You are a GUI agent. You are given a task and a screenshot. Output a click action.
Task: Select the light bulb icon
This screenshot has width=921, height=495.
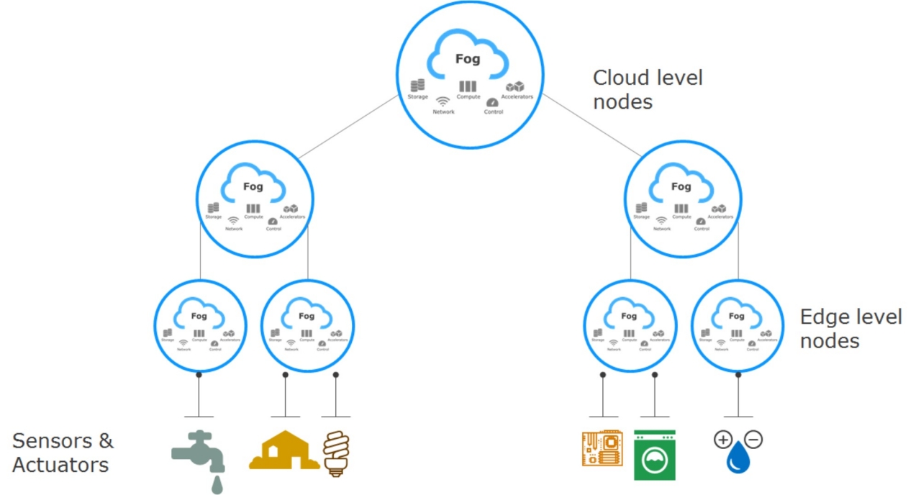point(335,453)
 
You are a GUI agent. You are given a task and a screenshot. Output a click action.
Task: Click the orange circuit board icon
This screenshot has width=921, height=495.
point(602,449)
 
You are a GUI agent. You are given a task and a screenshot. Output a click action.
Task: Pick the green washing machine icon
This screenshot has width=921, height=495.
point(654,455)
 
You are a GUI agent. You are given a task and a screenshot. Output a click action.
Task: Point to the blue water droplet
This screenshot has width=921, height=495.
point(738,458)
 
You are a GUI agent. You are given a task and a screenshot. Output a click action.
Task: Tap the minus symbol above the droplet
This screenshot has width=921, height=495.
point(754,439)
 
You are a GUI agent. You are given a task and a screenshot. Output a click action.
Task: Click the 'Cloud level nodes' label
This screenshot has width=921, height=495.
point(647,89)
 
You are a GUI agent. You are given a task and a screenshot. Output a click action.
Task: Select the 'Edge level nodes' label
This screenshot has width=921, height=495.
point(850,328)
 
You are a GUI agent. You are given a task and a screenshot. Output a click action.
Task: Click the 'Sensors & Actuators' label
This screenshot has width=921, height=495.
point(63,452)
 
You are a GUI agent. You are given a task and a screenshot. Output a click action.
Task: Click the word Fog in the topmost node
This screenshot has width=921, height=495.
point(467,59)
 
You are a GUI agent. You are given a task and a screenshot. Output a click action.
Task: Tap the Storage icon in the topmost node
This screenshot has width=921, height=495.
point(417,86)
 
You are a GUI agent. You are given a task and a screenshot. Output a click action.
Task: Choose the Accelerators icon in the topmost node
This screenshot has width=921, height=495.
point(515,86)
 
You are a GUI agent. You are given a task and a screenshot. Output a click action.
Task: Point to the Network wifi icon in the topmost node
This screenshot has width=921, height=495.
point(443,101)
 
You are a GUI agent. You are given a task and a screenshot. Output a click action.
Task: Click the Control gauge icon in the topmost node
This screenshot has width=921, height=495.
point(493,102)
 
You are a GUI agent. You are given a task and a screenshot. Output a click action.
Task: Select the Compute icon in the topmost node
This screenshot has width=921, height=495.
point(468,86)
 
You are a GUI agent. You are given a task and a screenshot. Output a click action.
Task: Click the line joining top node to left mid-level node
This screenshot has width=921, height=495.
point(348,127)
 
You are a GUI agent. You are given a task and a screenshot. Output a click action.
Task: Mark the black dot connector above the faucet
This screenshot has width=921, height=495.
point(199,375)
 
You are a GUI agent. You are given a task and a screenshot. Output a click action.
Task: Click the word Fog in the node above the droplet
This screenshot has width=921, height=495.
point(736,316)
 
